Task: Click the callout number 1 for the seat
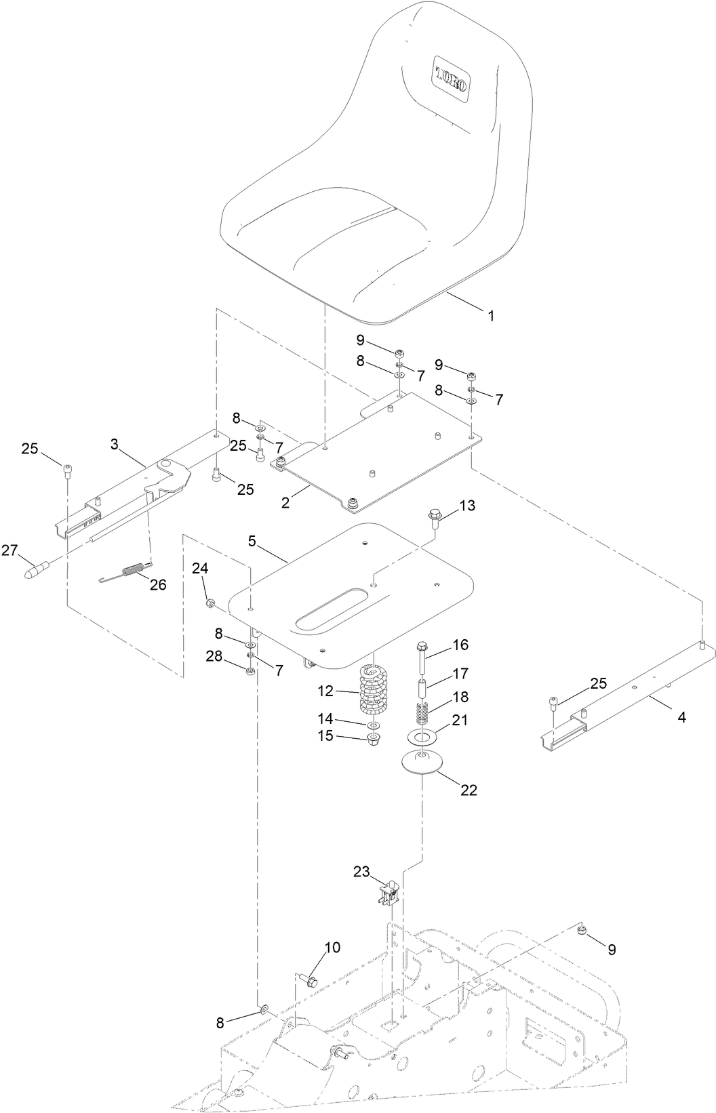click(x=491, y=315)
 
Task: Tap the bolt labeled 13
click(x=434, y=520)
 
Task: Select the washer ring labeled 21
click(x=423, y=736)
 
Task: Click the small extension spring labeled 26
click(x=132, y=571)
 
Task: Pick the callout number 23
click(x=360, y=872)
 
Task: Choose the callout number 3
click(x=114, y=444)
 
